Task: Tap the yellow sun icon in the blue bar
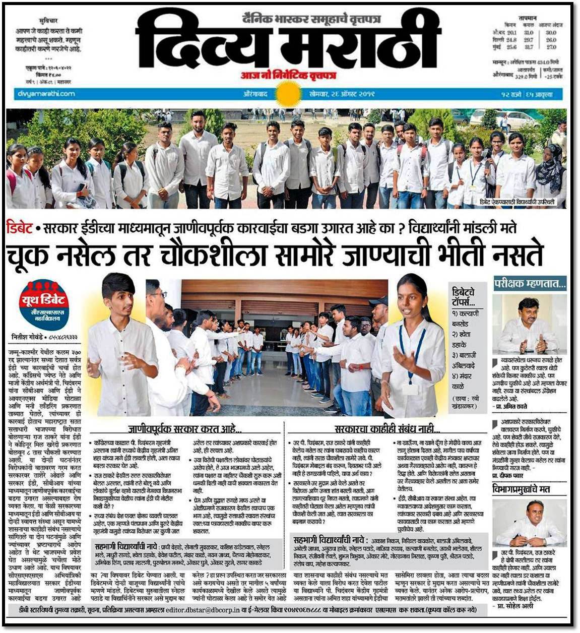288,94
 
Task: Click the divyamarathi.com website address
46,93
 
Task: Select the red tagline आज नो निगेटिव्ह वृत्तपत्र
288,76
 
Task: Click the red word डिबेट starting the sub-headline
20,228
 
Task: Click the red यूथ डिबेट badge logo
44,303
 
